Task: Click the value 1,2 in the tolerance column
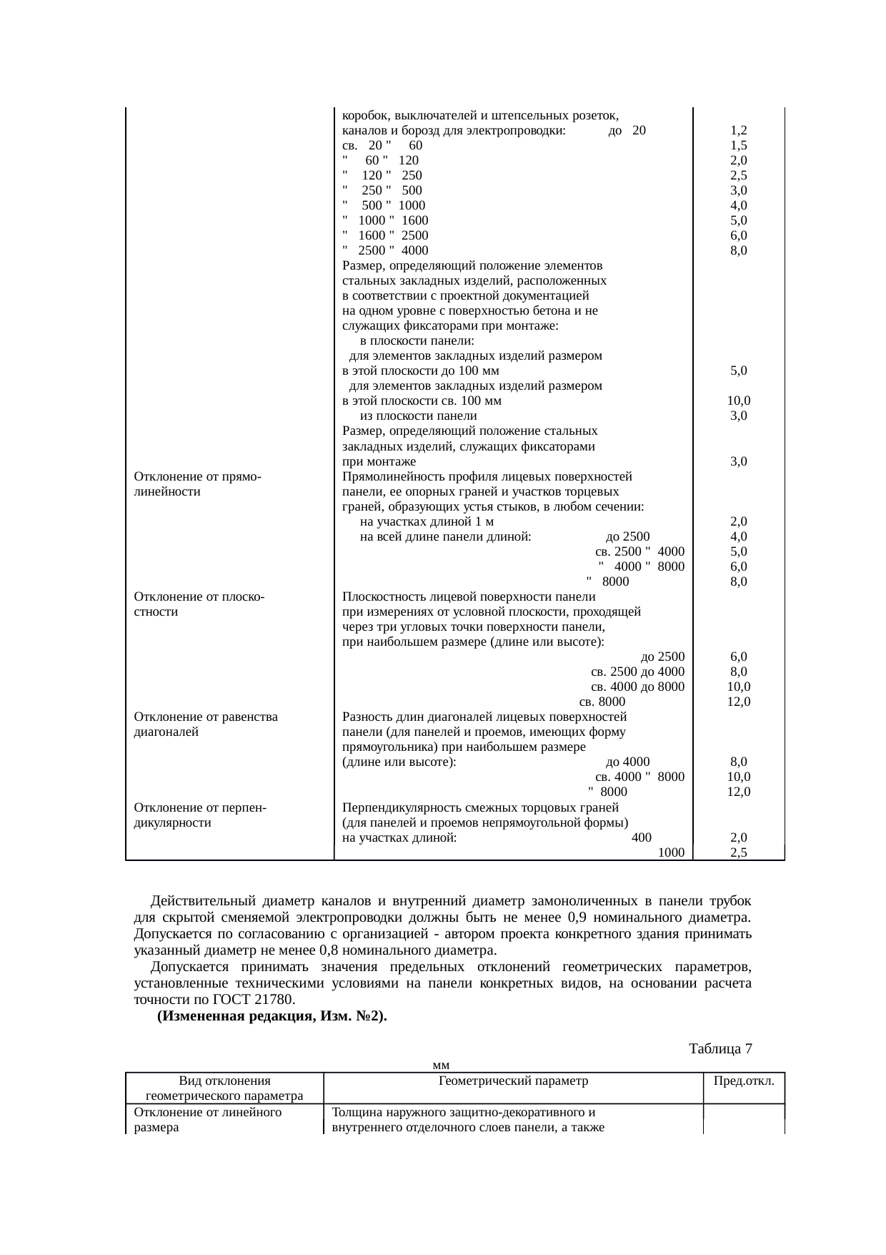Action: (739, 131)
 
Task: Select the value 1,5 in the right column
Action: (739, 146)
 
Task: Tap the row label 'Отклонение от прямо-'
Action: (196, 477)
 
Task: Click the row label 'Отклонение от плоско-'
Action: (199, 597)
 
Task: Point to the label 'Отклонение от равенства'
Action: (206, 717)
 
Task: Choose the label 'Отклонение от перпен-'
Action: (200, 808)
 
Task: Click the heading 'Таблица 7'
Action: (720, 1049)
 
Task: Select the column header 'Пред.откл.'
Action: (744, 1081)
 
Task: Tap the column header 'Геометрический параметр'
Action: (513, 1081)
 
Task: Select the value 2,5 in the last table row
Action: (739, 852)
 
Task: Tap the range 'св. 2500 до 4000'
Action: (638, 671)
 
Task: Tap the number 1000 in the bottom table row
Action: (672, 852)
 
